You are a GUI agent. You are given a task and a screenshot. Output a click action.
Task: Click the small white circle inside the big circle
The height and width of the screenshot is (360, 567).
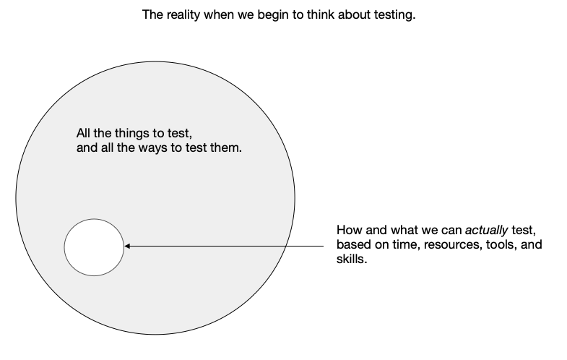coord(94,247)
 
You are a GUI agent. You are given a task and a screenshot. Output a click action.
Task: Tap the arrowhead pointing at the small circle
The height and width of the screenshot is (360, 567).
coord(128,247)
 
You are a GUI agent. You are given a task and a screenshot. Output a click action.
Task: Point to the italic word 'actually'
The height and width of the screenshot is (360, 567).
coord(485,231)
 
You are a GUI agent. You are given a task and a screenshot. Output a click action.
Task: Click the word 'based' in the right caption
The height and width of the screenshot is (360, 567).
coord(352,245)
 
